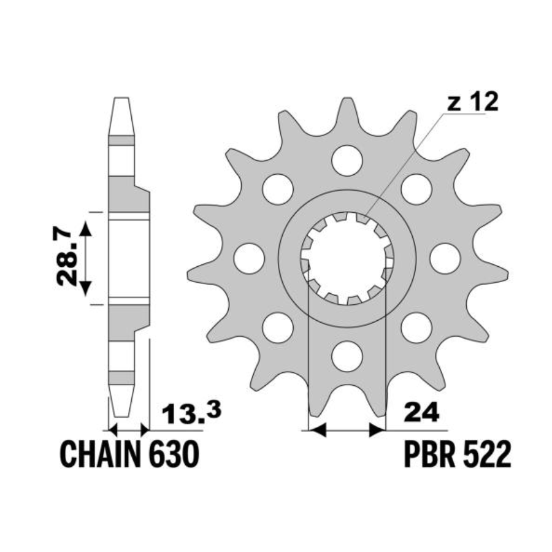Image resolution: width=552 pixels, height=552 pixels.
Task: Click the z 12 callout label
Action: [473, 102]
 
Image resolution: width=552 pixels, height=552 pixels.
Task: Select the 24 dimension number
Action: [422, 412]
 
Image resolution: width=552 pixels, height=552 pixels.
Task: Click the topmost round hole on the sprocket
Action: [347, 161]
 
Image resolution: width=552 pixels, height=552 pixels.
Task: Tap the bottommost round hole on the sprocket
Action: [347, 356]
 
